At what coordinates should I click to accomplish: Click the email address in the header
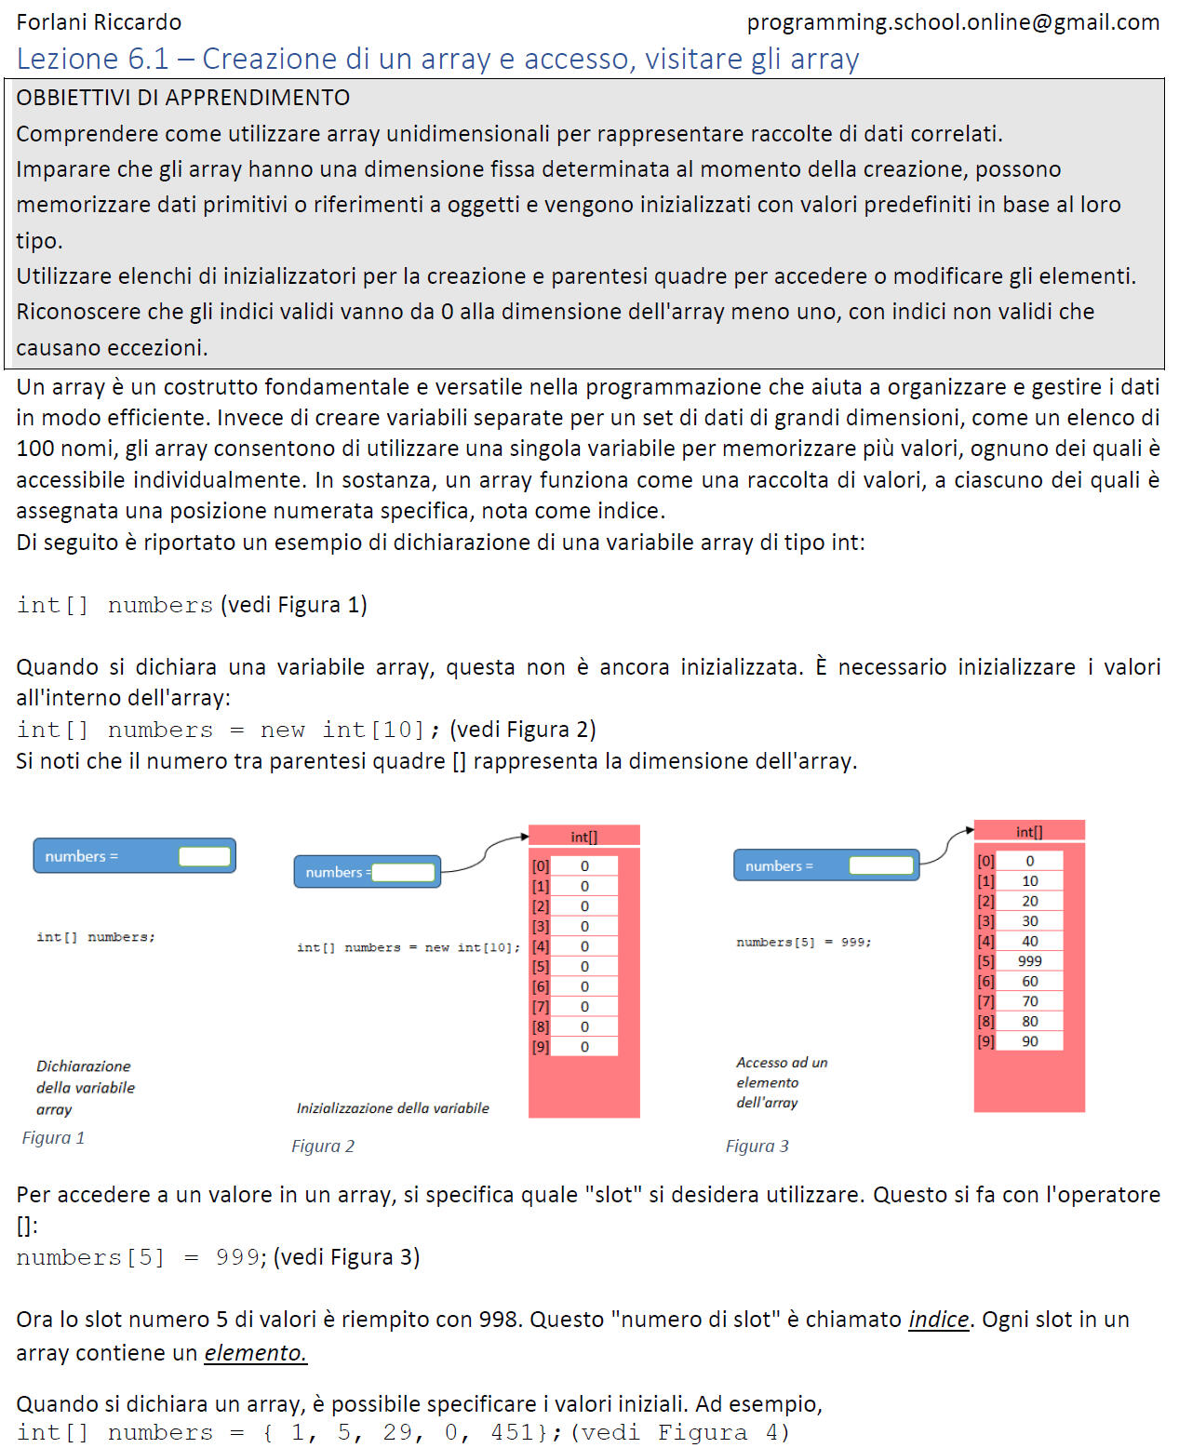(x=953, y=22)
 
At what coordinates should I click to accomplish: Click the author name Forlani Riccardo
(x=99, y=22)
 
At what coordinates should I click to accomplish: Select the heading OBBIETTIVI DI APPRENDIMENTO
(x=183, y=98)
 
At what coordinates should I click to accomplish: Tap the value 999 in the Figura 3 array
(x=1029, y=961)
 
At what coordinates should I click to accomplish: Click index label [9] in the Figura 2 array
(x=541, y=1047)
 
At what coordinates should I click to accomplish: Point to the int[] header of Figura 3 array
(x=1029, y=832)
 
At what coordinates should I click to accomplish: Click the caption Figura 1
(x=54, y=1138)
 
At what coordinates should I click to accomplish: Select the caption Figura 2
(x=323, y=1146)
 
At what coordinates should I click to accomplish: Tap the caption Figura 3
(x=757, y=1146)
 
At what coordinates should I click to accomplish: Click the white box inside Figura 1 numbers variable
(x=205, y=856)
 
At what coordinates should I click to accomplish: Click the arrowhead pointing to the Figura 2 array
(x=525, y=838)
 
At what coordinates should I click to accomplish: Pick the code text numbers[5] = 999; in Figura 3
(x=804, y=942)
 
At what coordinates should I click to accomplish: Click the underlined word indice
(x=939, y=1320)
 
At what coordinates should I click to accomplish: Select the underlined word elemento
(x=255, y=1352)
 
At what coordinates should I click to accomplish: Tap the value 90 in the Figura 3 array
(x=1029, y=1041)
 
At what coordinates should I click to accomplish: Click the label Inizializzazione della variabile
(x=393, y=1108)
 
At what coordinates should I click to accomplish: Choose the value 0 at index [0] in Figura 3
(x=1029, y=862)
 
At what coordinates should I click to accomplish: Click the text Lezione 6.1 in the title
(x=93, y=59)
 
